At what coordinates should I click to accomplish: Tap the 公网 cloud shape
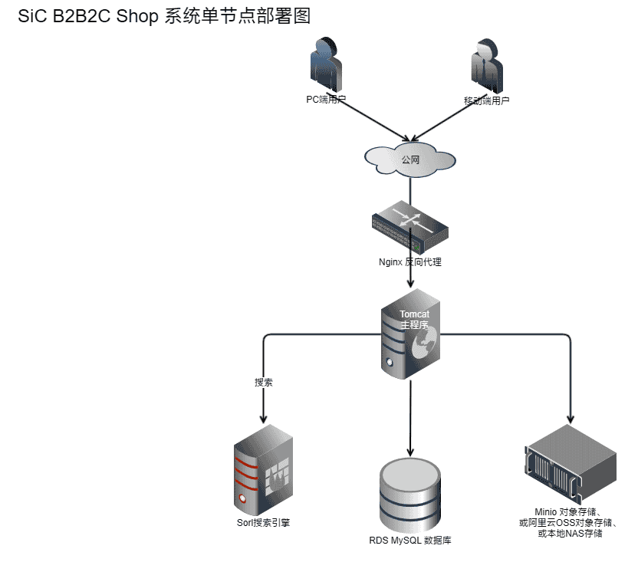click(x=410, y=159)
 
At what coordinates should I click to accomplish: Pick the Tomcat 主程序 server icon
click(x=410, y=334)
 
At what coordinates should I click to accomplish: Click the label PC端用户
click(x=327, y=100)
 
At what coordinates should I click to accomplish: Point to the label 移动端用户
click(x=486, y=100)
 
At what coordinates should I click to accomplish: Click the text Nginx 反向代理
click(x=410, y=262)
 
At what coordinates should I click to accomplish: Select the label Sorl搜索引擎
click(x=263, y=523)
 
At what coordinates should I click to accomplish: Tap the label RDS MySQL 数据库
click(x=410, y=541)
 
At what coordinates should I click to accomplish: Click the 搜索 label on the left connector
click(x=264, y=382)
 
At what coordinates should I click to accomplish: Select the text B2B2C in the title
click(x=81, y=17)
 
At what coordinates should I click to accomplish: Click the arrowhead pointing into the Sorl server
click(x=264, y=419)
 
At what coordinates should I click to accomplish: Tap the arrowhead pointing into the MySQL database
click(x=410, y=453)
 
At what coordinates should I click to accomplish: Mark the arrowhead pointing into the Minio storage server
click(x=571, y=419)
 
